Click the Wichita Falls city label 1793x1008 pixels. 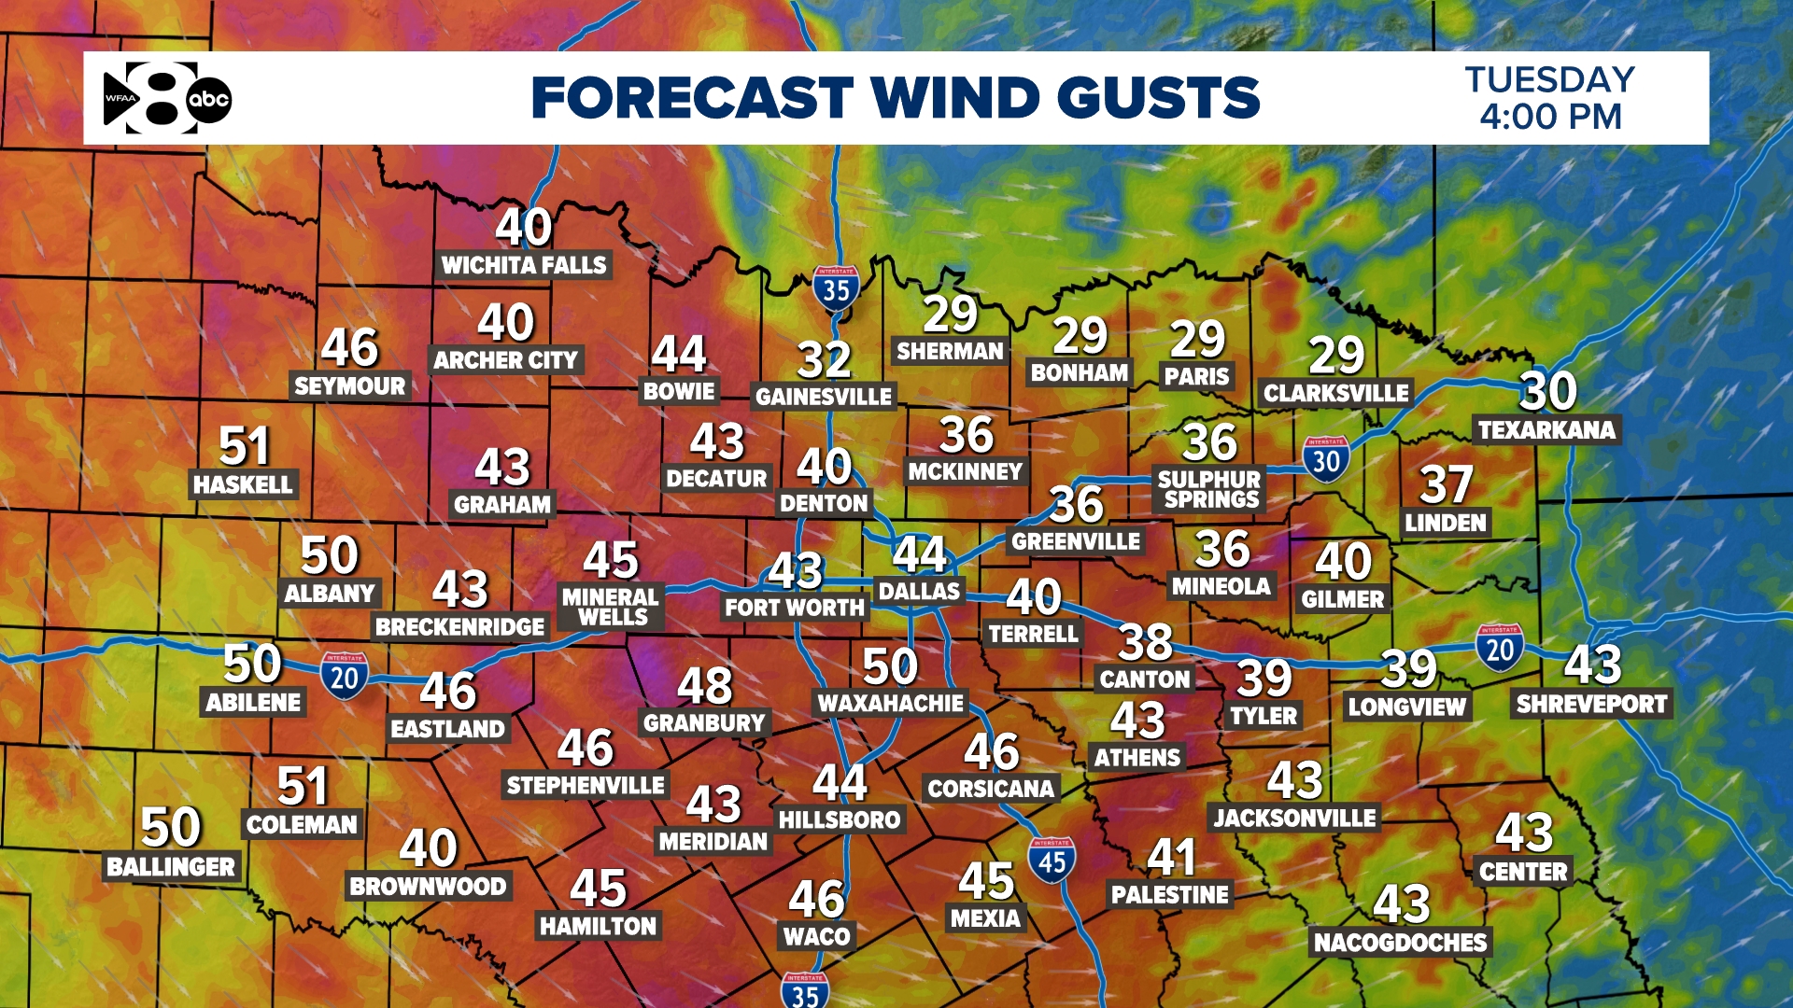[x=524, y=265]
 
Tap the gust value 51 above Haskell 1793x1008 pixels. [x=244, y=446]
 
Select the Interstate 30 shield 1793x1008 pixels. [x=1326, y=459]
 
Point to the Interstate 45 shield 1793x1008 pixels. [x=1052, y=861]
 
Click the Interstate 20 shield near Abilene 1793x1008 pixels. [x=345, y=676]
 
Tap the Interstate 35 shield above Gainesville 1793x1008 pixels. [x=836, y=288]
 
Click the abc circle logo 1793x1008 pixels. [x=208, y=99]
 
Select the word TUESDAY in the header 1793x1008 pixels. [x=1549, y=79]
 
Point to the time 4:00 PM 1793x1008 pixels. [x=1550, y=118]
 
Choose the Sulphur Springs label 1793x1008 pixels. [x=1210, y=489]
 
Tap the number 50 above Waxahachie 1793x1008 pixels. [x=890, y=666]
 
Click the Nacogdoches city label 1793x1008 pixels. [x=1400, y=943]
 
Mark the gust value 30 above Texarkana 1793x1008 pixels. [x=1547, y=391]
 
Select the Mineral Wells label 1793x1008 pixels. [x=611, y=607]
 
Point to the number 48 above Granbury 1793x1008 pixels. [x=705, y=686]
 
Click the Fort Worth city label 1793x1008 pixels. [x=795, y=608]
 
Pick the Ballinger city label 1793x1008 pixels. [x=171, y=867]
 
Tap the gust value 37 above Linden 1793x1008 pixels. [x=1446, y=484]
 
